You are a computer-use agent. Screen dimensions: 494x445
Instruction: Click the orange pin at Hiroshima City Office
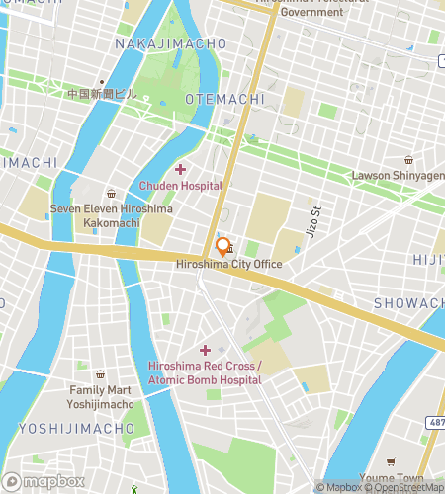(222, 247)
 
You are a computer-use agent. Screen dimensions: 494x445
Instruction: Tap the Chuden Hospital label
(181, 186)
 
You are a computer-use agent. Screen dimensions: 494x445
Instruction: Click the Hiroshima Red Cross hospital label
(205, 372)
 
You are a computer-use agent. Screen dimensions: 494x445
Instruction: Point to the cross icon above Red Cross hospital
(206, 350)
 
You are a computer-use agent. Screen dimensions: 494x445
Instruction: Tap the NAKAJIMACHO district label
(170, 44)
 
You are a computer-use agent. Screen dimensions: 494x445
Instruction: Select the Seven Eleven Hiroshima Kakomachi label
(111, 216)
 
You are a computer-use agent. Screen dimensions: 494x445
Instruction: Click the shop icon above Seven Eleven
(111, 194)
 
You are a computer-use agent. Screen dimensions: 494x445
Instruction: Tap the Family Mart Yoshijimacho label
(101, 397)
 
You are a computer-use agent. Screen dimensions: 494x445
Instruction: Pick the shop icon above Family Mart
(101, 375)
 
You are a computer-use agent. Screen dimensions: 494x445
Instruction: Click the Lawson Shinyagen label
(399, 176)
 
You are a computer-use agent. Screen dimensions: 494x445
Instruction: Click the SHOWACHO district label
(409, 302)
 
